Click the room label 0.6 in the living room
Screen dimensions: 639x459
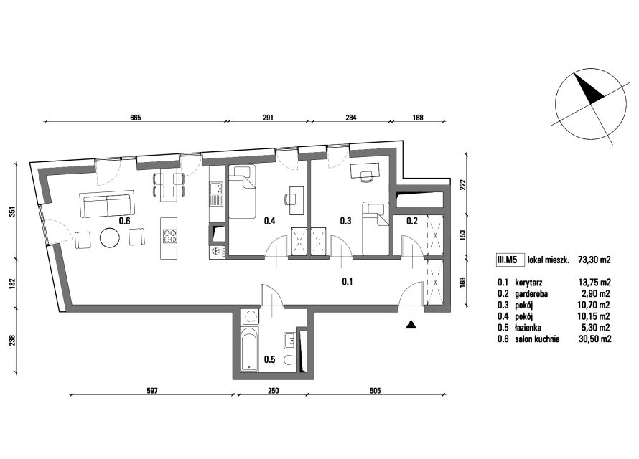tap(124, 221)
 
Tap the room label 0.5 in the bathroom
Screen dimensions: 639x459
tap(270, 359)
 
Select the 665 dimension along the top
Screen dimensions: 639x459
tap(135, 118)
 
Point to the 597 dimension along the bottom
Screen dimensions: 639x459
tap(151, 391)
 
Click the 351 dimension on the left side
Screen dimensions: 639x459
tap(12, 212)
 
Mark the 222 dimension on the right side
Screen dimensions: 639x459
tap(462, 185)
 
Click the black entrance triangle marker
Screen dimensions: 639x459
tap(411, 324)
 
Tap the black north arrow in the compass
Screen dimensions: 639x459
tap(588, 87)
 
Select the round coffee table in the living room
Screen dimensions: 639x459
tap(111, 237)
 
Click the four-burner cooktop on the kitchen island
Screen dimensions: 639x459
tap(169, 236)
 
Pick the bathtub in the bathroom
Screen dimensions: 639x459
tap(249, 348)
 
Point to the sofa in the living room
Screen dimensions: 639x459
tap(107, 204)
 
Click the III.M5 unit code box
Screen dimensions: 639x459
tap(510, 260)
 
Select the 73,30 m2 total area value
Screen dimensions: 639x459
tap(594, 260)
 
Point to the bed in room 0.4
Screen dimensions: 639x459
tap(241, 191)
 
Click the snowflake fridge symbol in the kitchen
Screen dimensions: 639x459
tap(215, 252)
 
